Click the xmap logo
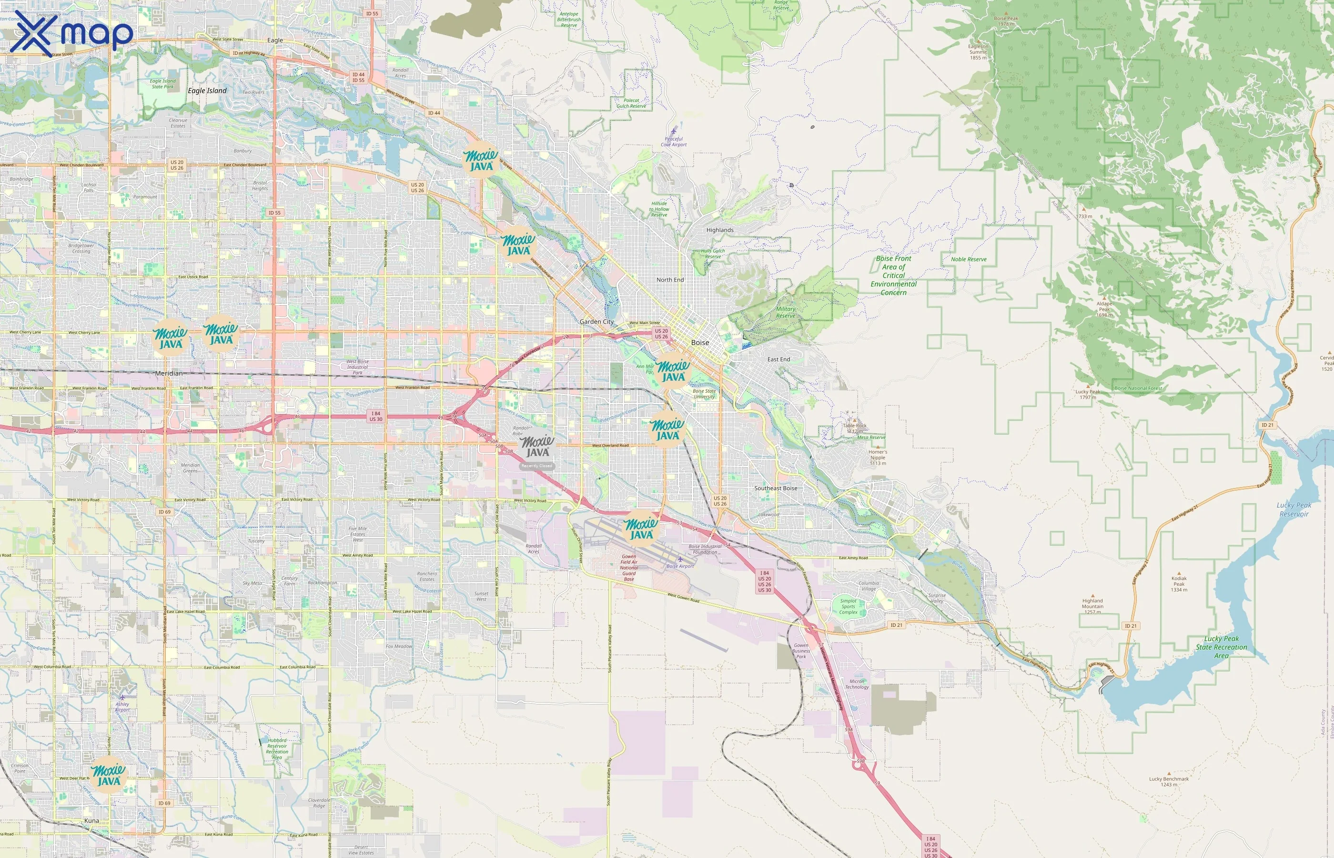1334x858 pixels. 71,33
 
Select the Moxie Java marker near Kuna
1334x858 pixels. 109,775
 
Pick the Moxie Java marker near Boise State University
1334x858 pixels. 673,371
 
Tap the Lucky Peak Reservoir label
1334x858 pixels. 1294,509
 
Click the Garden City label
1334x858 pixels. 596,321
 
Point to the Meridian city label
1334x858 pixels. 169,373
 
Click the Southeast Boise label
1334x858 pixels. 776,488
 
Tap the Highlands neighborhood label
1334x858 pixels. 720,230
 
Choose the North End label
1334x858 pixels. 670,280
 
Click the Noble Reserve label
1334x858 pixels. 968,259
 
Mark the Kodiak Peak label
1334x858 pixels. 1179,584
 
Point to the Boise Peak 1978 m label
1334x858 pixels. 1006,21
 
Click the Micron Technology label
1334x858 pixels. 856,684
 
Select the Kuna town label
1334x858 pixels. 91,821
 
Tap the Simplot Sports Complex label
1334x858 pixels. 848,606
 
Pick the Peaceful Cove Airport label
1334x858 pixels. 674,142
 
